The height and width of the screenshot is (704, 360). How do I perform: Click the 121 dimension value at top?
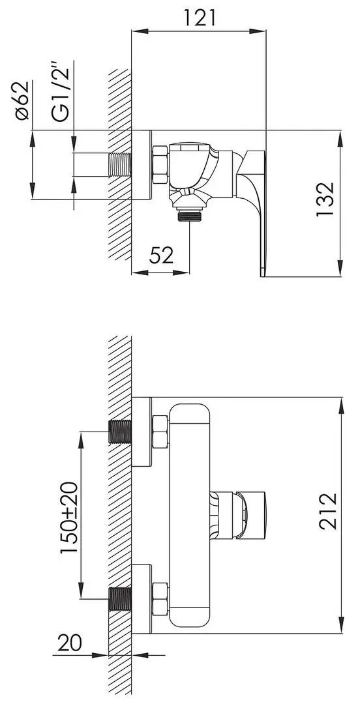point(200,18)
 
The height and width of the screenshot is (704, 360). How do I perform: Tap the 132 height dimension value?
point(324,199)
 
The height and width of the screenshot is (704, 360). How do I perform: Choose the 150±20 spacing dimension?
point(69,517)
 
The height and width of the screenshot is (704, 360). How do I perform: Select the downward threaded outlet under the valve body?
point(190,213)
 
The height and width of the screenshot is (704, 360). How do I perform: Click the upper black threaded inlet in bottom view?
point(119,431)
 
